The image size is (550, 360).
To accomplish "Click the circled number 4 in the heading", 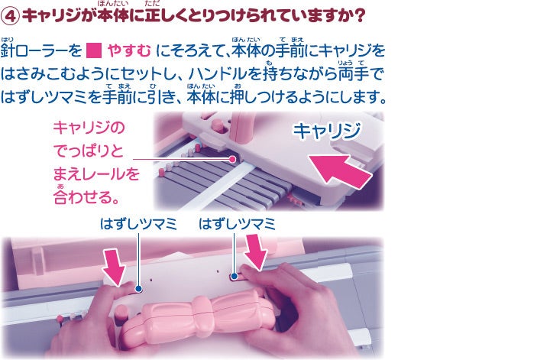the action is [x=10, y=16].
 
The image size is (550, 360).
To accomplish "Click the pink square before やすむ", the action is [x=94, y=50].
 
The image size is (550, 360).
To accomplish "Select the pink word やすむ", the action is [x=129, y=51].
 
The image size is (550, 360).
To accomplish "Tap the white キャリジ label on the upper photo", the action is [x=327, y=131].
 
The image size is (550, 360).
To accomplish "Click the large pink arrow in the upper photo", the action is [x=339, y=170].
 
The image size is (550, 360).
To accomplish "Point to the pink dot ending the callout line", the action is [x=232, y=159].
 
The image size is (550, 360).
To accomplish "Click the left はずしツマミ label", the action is [x=138, y=224].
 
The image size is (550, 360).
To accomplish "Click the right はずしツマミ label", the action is [x=237, y=224].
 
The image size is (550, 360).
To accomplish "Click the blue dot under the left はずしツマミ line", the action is [x=138, y=289].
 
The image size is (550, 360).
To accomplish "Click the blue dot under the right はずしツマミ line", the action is [x=235, y=277].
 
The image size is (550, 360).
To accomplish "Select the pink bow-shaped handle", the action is [x=198, y=319].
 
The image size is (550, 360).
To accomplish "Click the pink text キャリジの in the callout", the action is [x=89, y=128].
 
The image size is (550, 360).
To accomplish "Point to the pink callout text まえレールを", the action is [x=96, y=174].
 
